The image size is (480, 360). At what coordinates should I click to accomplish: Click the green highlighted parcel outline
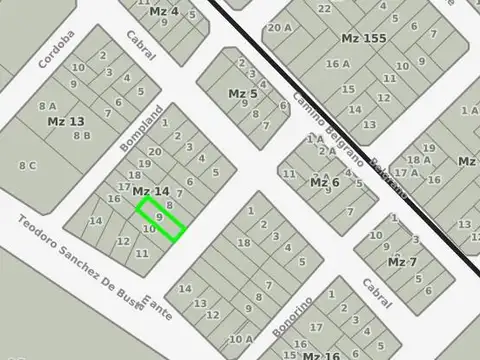click(161, 219)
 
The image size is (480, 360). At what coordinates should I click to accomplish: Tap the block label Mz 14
click(150, 191)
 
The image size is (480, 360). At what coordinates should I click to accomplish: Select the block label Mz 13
click(66, 121)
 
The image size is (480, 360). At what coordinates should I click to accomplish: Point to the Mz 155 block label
click(363, 38)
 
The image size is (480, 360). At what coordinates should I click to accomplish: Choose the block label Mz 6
click(325, 182)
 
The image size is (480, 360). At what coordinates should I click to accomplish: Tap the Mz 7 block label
click(402, 262)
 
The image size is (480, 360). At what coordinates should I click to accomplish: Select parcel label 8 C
click(27, 165)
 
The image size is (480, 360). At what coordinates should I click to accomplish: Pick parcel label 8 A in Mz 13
click(47, 105)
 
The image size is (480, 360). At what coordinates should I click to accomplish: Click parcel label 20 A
click(279, 28)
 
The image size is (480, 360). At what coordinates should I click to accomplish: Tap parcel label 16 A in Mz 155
click(338, 64)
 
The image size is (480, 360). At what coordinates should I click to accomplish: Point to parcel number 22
click(323, 9)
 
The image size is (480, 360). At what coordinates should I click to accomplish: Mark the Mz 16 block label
click(320, 355)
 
